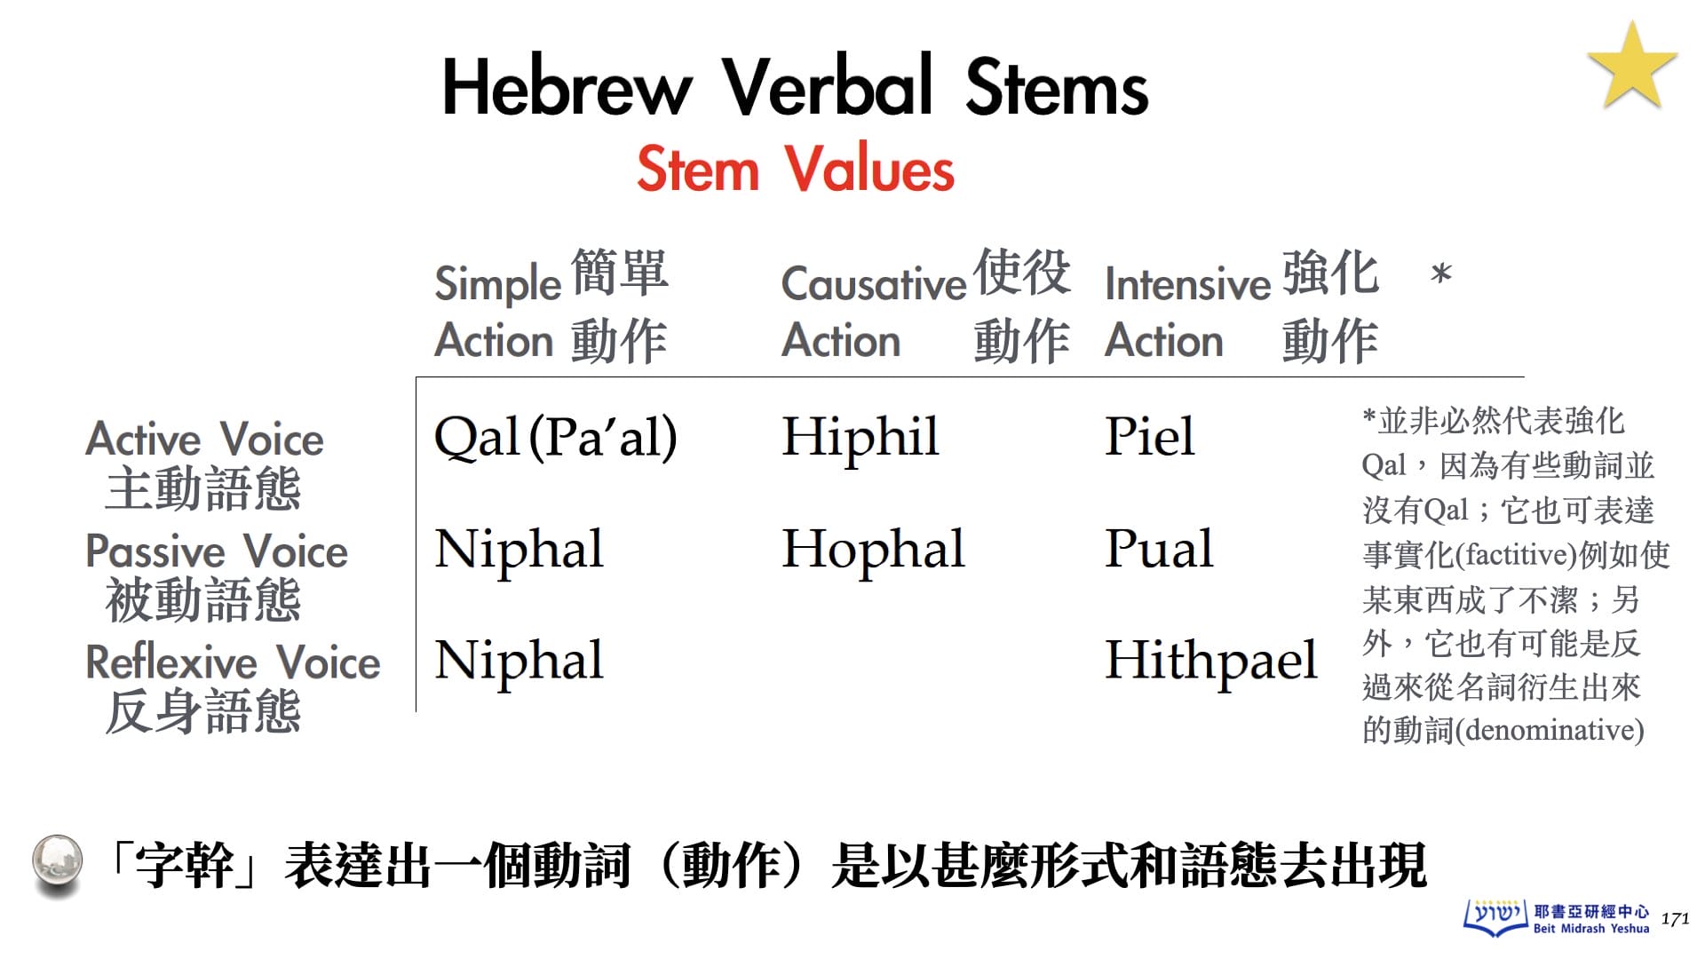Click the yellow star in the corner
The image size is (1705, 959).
1632,67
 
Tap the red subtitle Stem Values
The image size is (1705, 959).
796,168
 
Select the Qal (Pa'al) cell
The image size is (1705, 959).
556,437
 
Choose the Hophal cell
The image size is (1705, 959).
873,550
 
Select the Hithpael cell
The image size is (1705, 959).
1211,661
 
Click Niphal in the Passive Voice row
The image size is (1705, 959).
519,550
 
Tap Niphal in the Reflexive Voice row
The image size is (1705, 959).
519,661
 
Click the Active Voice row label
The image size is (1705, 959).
204,464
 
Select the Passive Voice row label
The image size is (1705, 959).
216,575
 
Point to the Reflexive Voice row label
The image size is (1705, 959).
233,686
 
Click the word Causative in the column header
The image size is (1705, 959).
874,283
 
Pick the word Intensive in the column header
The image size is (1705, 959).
1188,283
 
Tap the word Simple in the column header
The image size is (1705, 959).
498,285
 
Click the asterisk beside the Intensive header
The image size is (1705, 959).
1441,273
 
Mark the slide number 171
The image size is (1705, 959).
1675,919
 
